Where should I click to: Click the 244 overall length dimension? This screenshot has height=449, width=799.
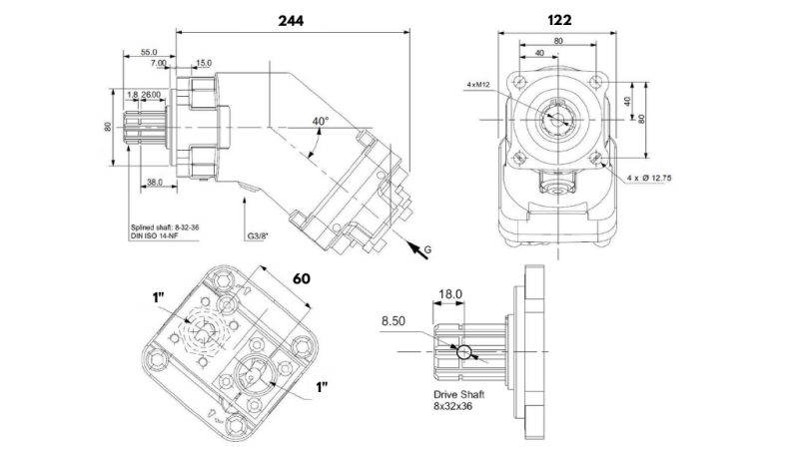point(291,20)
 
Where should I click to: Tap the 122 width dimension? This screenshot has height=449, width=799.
point(560,20)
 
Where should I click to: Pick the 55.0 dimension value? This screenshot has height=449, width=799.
point(149,52)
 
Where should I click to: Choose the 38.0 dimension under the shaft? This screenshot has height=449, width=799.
point(154,182)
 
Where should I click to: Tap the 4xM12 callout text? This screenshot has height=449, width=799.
point(478,86)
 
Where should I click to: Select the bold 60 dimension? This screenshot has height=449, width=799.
point(302,277)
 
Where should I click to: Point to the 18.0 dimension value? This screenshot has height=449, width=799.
point(451,294)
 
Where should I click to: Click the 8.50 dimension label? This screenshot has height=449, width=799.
point(396,321)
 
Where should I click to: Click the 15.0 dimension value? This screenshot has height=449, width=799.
point(203,63)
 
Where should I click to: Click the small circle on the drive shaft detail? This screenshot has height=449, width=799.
point(462,351)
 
